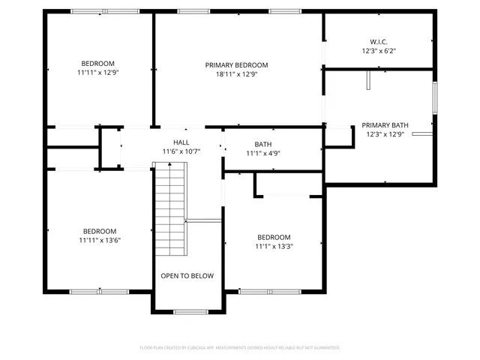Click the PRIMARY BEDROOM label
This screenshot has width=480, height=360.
pyautogui.click(x=236, y=65)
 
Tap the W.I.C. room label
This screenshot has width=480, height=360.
pyautogui.click(x=378, y=42)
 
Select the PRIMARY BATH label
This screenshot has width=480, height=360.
pyautogui.click(x=385, y=125)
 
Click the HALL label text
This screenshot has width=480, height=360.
pyautogui.click(x=181, y=142)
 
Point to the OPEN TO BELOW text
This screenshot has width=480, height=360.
pyautogui.click(x=187, y=276)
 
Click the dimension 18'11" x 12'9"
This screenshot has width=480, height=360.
pyautogui.click(x=236, y=75)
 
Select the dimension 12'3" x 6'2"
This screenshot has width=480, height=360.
pyautogui.click(x=378, y=52)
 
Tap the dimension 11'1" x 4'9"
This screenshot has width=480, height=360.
pyautogui.click(x=262, y=154)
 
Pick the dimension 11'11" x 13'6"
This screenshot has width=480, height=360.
pyautogui.click(x=99, y=241)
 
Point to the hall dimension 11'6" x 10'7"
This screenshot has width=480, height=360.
pyautogui.click(x=181, y=151)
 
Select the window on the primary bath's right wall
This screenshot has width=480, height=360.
pyautogui.click(x=434, y=97)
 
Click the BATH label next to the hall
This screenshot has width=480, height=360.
pyautogui.click(x=262, y=144)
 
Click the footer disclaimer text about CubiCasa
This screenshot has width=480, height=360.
pyautogui.click(x=240, y=348)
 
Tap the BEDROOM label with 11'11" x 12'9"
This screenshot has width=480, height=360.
pyautogui.click(x=99, y=64)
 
